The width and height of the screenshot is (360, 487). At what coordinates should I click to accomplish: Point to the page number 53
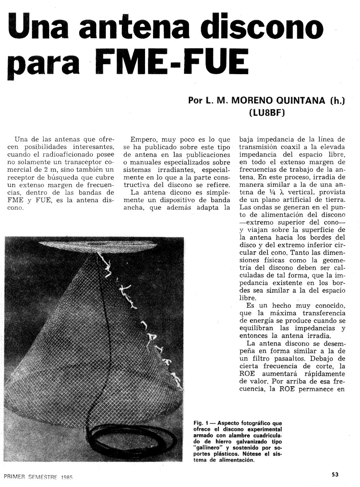pyautogui.click(x=335, y=474)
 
